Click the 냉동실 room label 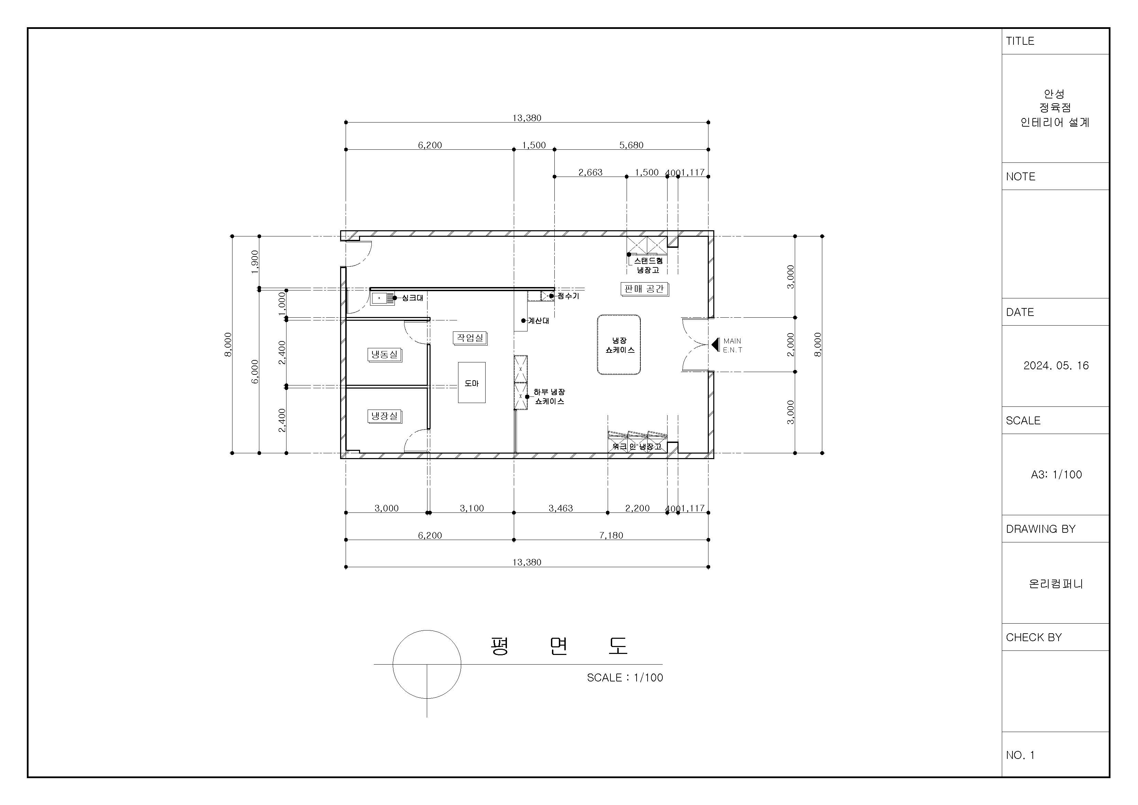coord(384,354)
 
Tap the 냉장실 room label coord(384,416)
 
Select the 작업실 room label coord(470,338)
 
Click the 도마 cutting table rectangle coord(472,382)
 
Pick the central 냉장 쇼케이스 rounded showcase coord(619,345)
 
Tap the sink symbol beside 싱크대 coord(382,298)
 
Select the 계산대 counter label coord(538,321)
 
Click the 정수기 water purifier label coord(568,296)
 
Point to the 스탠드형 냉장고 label coord(648,265)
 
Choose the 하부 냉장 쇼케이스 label coord(549,397)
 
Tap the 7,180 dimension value coord(611,535)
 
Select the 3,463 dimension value coord(561,508)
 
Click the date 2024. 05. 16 coord(1056,366)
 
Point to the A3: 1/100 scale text coord(1056,475)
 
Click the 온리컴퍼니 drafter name coord(1056,584)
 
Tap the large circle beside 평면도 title coord(393,665)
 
